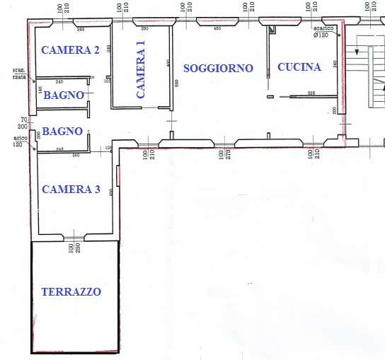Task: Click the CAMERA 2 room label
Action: pos(69,50)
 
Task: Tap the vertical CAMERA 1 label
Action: pos(141,69)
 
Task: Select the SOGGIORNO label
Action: pos(218,69)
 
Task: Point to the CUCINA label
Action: pos(299,67)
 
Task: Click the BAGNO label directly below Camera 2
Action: pos(64,95)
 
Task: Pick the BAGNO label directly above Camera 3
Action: pos(63,132)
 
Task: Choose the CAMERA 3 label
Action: pos(71,190)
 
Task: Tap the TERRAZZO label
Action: pos(71,291)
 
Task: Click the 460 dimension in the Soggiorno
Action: pos(217,30)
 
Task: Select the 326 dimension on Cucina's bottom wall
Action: pos(311,93)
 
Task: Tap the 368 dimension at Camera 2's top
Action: pos(81,30)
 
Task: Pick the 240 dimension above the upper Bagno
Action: pos(59,82)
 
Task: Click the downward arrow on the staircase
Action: pos(357,52)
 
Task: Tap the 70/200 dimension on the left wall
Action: pos(24,122)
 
